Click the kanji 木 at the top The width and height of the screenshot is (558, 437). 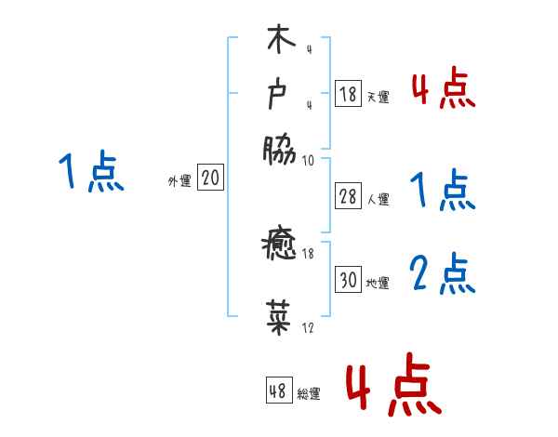pos(279,42)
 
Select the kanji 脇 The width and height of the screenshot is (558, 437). pos(279,149)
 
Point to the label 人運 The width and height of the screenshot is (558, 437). pos(378,198)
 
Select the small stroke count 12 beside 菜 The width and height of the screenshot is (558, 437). pos(308,328)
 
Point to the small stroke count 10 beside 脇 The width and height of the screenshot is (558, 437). pos(308,160)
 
